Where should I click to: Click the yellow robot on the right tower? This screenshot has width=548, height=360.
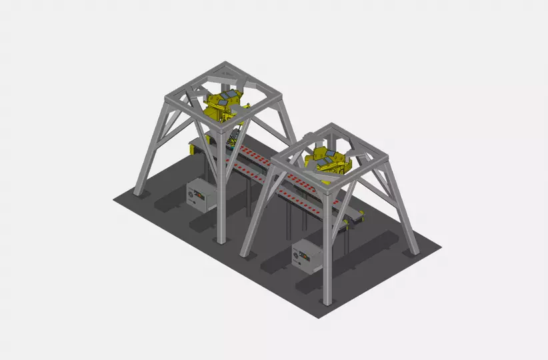[327, 160]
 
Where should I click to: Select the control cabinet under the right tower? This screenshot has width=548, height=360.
[307, 256]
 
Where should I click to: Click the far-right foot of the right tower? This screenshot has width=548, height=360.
[414, 251]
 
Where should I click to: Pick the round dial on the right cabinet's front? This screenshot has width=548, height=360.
[297, 254]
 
